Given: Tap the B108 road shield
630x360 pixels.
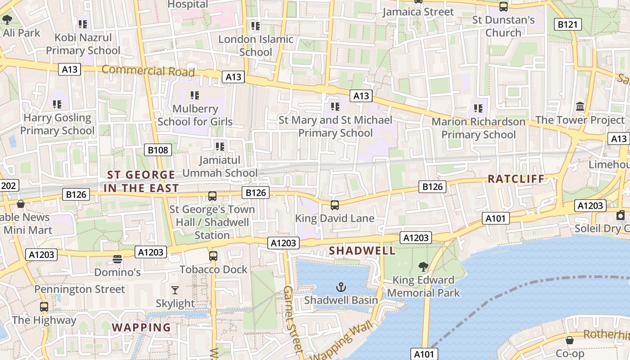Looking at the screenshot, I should click(x=158, y=150).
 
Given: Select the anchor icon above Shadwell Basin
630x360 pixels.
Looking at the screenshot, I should click(x=341, y=287).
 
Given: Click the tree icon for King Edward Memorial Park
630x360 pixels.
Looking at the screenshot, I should click(x=423, y=267).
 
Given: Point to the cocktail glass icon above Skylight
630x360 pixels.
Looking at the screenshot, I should click(x=175, y=290).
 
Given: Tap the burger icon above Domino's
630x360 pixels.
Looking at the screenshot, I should click(x=117, y=259).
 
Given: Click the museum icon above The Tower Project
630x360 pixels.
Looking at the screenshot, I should click(x=580, y=107).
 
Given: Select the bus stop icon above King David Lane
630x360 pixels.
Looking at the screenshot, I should click(x=334, y=205).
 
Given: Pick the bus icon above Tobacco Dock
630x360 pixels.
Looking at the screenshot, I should click(x=213, y=256).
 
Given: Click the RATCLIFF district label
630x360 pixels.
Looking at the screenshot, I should click(x=516, y=179).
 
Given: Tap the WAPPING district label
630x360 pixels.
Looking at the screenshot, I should click(x=141, y=327).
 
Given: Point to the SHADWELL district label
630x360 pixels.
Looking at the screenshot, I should click(x=362, y=251).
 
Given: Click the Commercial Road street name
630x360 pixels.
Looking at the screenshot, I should click(x=148, y=71).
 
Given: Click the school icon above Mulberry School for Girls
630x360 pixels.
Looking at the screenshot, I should click(x=195, y=95).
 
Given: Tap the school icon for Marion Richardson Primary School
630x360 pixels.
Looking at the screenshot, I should click(x=478, y=108).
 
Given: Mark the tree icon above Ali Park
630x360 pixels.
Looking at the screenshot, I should click(x=7, y=20).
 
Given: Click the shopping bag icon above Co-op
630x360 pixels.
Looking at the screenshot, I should click(x=569, y=340).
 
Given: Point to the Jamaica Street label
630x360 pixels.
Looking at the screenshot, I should click(x=418, y=12).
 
